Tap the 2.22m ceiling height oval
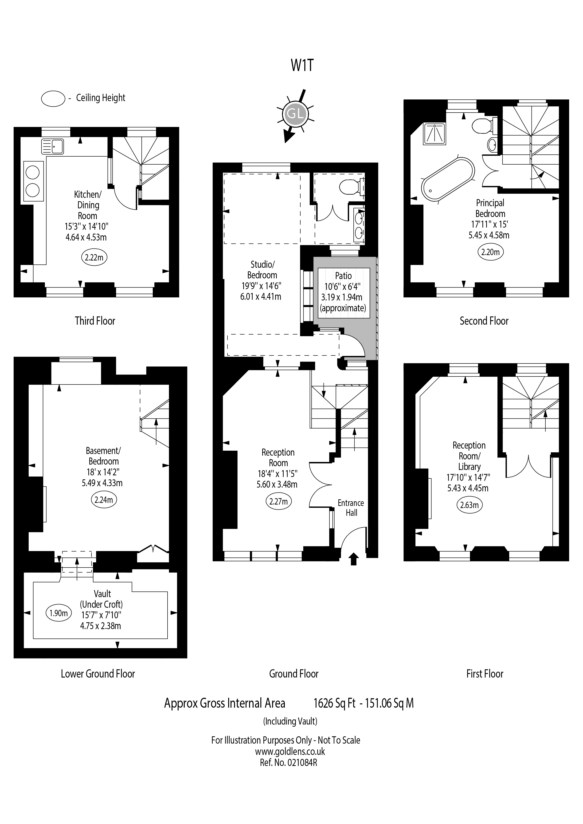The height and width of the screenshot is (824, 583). click(94, 257)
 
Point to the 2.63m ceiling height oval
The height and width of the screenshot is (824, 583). click(470, 505)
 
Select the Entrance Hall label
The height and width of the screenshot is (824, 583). click(351, 508)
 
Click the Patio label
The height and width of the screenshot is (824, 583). click(343, 276)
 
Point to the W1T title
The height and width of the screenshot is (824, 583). click(302, 65)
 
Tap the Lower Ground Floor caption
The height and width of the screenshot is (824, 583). click(98, 674)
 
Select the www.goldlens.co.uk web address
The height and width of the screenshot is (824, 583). click(290, 751)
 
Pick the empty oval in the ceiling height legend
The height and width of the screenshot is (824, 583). click(53, 98)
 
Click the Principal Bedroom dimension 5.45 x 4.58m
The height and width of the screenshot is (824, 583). click(489, 235)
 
